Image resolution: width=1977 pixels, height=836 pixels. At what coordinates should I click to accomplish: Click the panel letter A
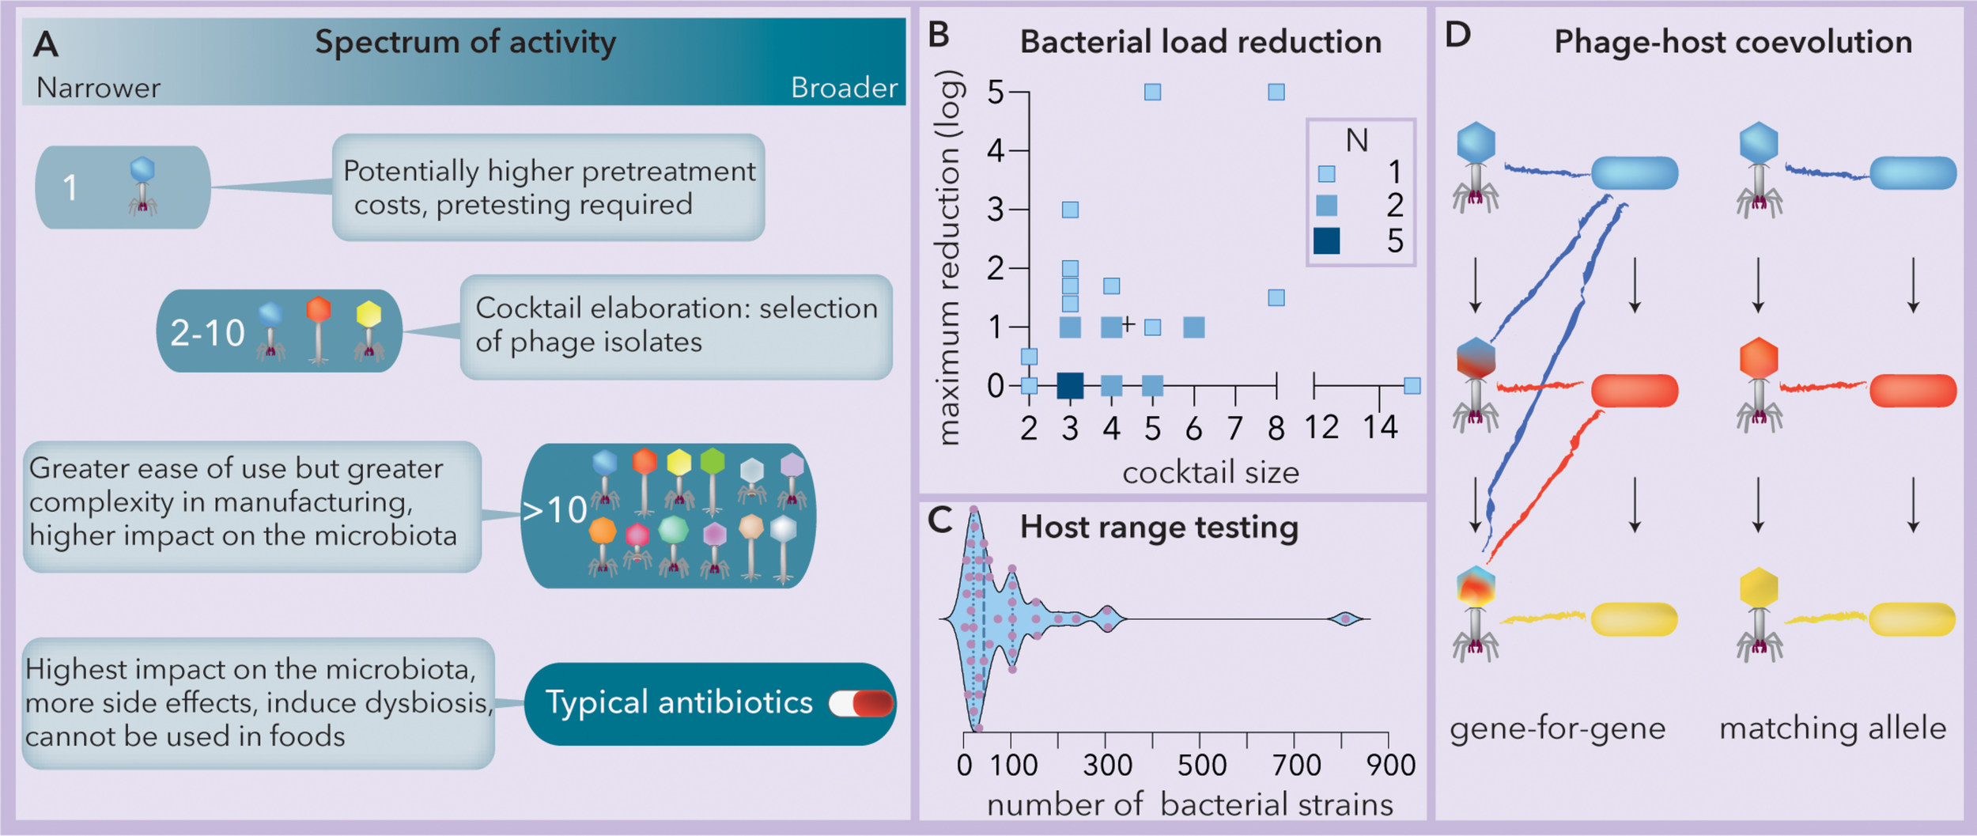pos(46,44)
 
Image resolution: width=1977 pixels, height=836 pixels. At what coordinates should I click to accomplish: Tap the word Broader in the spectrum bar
pos(844,88)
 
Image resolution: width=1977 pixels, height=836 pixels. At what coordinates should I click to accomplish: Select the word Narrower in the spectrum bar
pos(98,88)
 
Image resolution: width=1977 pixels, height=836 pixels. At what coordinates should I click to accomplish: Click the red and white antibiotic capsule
pos(861,703)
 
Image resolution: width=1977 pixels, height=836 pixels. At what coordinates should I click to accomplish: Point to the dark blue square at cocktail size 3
pos(1070,386)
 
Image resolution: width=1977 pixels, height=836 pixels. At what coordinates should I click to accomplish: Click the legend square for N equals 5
pos(1326,240)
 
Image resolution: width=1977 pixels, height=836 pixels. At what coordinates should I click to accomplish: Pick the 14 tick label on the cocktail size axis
pos(1380,428)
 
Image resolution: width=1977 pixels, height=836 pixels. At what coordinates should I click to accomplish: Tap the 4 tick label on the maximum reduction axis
pos(996,150)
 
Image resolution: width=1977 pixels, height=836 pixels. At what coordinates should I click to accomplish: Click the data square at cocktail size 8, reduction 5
pos(1276,92)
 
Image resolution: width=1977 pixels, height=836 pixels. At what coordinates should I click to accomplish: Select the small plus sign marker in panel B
pos(1128,323)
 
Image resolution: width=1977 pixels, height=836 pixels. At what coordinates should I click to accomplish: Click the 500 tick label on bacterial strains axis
pos(1201,765)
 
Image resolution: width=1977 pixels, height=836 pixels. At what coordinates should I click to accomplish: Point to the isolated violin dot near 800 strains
pos(1345,619)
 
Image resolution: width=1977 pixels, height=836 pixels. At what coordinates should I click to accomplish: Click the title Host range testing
pos(1159,528)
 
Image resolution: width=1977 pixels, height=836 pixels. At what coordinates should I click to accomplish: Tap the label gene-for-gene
pos(1557,728)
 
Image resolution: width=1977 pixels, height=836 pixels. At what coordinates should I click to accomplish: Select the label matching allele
pos(1832,728)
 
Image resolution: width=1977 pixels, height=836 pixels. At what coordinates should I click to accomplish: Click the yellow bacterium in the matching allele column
pos(1911,619)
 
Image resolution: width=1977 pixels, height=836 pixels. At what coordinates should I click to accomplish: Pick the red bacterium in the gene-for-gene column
pos(1634,391)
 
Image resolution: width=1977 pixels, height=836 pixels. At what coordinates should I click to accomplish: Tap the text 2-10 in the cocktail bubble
pos(207,333)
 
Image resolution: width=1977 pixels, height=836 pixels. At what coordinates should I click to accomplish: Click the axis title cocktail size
pos(1210,473)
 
